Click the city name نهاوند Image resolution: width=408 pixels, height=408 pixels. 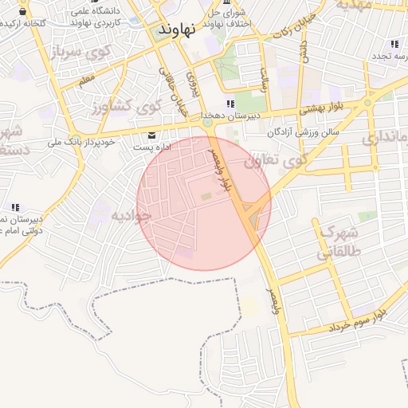tap(177, 30)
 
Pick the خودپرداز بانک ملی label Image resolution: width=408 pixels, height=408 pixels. tap(82, 142)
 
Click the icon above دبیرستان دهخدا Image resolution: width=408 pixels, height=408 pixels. tap(230, 104)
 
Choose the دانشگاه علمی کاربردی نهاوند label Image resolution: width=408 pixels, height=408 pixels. tap(97, 18)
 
